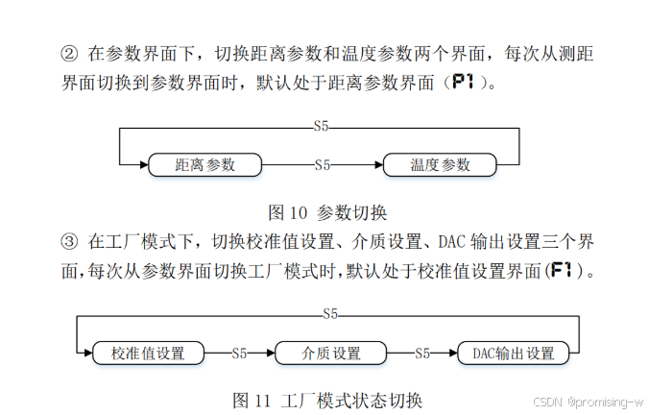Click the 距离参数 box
[205, 164]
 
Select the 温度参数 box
[441, 164]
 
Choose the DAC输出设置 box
[513, 353]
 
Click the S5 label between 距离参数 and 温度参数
[323, 164]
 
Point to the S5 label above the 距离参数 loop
[323, 126]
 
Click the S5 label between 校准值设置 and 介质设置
[240, 353]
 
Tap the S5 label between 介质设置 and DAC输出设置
[421, 353]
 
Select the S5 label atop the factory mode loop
[330, 314]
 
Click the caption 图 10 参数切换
[326, 212]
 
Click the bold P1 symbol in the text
[464, 83]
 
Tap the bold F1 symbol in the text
[561, 270]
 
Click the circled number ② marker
[68, 52]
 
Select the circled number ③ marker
[68, 239]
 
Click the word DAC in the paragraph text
[450, 239]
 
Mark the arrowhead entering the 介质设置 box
[270, 353]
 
